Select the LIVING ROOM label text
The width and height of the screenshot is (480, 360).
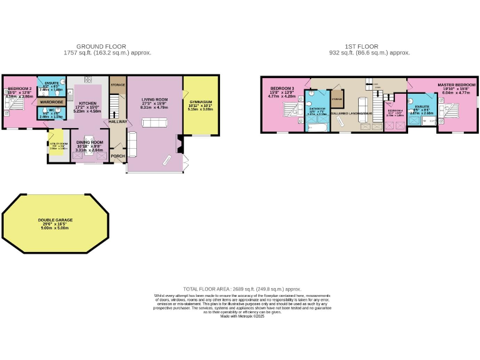[154, 99]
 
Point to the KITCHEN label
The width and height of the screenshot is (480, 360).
[86, 104]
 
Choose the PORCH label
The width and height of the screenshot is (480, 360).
[117, 157]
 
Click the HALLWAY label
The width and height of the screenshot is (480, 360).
[117, 122]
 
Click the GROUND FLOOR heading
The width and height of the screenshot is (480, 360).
[101, 46]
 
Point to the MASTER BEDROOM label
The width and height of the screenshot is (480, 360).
[456, 85]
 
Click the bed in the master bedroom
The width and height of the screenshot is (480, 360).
[452, 113]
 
